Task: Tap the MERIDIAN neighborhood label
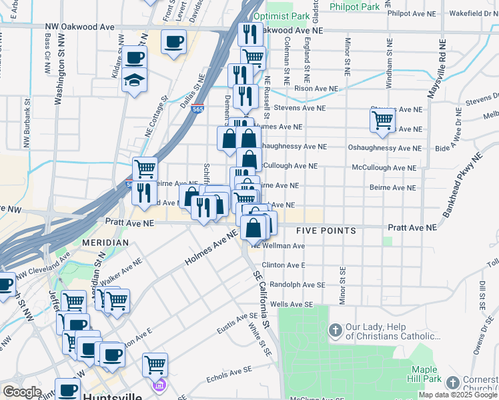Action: [x=105, y=243]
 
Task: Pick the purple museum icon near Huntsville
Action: [x=159, y=385]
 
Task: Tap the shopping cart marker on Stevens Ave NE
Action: [x=382, y=120]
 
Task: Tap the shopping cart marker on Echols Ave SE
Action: [x=155, y=364]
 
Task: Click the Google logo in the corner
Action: [x=22, y=392]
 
